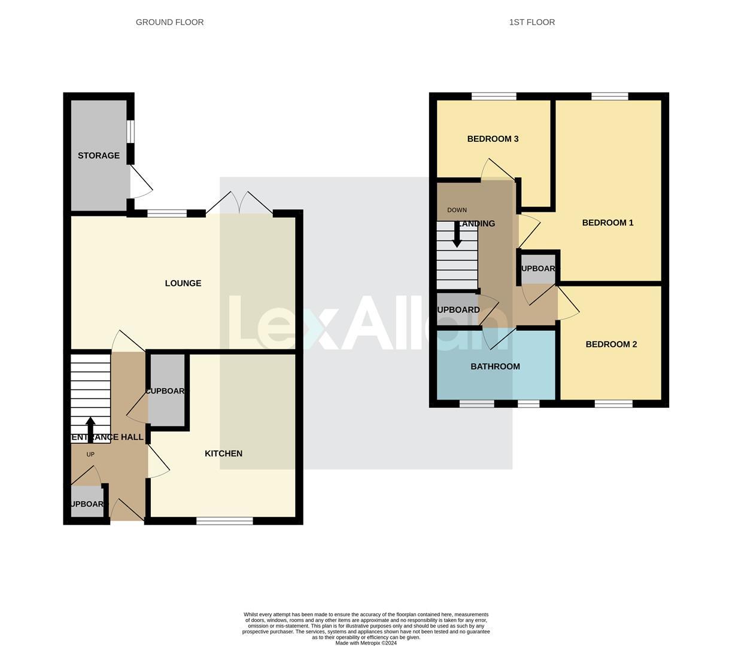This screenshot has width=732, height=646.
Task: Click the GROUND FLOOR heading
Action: point(169,22)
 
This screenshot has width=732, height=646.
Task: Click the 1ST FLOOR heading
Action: point(531,22)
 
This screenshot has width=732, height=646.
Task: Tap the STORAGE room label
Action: point(99,156)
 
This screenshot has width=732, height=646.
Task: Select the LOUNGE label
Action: point(183,283)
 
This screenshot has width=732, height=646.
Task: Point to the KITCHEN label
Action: point(223,453)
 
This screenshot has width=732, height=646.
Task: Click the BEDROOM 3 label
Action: point(493,139)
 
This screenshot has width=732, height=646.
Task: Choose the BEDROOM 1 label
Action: point(608,223)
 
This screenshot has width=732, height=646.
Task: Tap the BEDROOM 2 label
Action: point(611,344)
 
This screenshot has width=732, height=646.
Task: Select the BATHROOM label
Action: point(495,366)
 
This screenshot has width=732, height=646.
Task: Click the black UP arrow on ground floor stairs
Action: point(90,428)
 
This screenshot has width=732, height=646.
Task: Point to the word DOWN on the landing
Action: point(457,210)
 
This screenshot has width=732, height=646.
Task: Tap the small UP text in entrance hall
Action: point(90,455)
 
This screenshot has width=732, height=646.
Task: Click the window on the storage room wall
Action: point(130,132)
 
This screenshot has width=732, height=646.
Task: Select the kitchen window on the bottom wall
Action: point(224,521)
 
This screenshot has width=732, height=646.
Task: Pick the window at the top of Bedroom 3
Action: point(494,96)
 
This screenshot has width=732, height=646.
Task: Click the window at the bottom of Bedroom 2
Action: point(613,404)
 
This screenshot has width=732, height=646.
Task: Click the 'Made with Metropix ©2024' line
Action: point(366,643)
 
